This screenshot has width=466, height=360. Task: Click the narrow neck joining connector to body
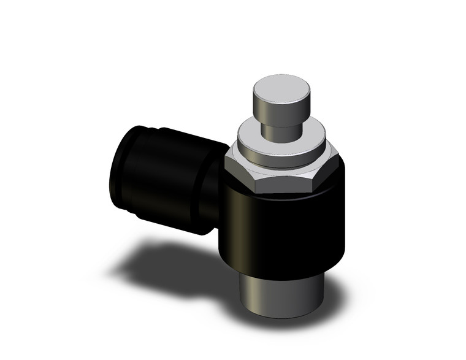click(212, 190)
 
